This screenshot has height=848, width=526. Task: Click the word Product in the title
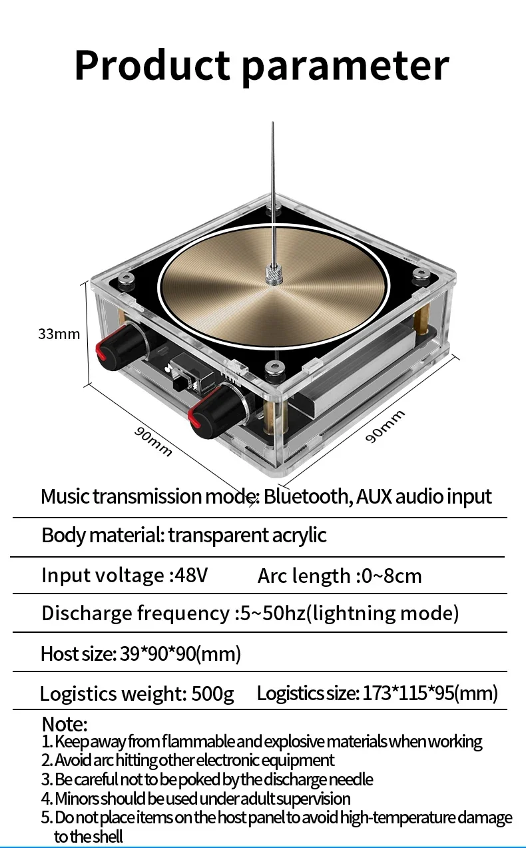(152, 65)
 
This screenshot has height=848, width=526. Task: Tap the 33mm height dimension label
(59, 334)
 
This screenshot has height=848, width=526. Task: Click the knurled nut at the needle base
(272, 274)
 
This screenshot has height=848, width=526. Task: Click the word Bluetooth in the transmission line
(307, 496)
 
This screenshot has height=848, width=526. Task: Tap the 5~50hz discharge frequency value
(272, 613)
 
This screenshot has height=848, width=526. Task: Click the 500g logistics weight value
(213, 693)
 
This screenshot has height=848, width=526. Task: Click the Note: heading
(65, 724)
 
